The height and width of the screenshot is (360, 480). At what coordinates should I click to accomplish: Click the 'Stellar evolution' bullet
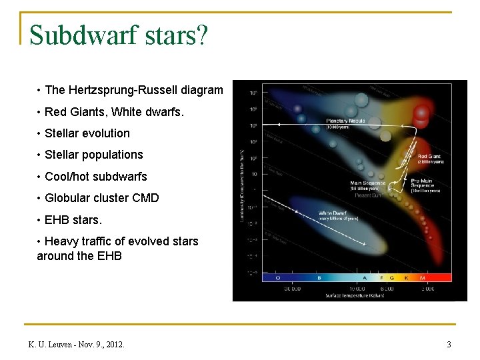(x=87, y=133)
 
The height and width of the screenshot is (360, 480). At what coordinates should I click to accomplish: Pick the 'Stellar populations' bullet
(x=93, y=155)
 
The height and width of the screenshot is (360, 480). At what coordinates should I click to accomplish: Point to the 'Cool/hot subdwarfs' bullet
(x=95, y=177)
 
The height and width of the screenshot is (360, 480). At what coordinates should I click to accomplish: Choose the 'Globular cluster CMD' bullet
(x=101, y=198)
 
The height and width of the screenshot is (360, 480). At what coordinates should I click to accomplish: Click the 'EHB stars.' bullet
(x=73, y=219)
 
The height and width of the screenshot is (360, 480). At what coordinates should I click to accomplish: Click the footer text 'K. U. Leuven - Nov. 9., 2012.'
(x=76, y=345)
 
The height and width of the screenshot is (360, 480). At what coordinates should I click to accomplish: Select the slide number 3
(x=449, y=345)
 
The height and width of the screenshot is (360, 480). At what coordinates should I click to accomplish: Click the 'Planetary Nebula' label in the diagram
(x=345, y=121)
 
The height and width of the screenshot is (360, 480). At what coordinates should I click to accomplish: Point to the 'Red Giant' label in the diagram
(x=429, y=157)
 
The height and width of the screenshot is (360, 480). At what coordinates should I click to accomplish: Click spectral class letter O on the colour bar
(x=277, y=277)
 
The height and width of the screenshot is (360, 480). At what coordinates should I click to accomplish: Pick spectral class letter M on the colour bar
(x=423, y=277)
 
